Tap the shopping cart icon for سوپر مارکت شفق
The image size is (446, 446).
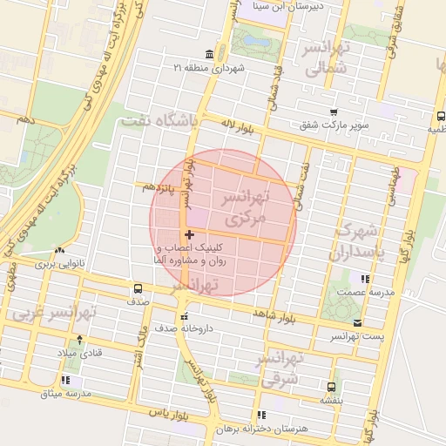click(334, 111)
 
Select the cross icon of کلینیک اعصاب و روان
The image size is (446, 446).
click(190, 234)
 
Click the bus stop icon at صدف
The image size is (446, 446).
click(138, 289)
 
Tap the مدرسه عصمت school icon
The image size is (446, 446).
click(364, 280)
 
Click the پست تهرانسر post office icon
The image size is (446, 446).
click(358, 322)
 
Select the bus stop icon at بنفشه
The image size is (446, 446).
click(331, 387)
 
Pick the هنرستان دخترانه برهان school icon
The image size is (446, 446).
click(260, 415)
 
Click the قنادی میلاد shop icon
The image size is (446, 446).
click(81, 339)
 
